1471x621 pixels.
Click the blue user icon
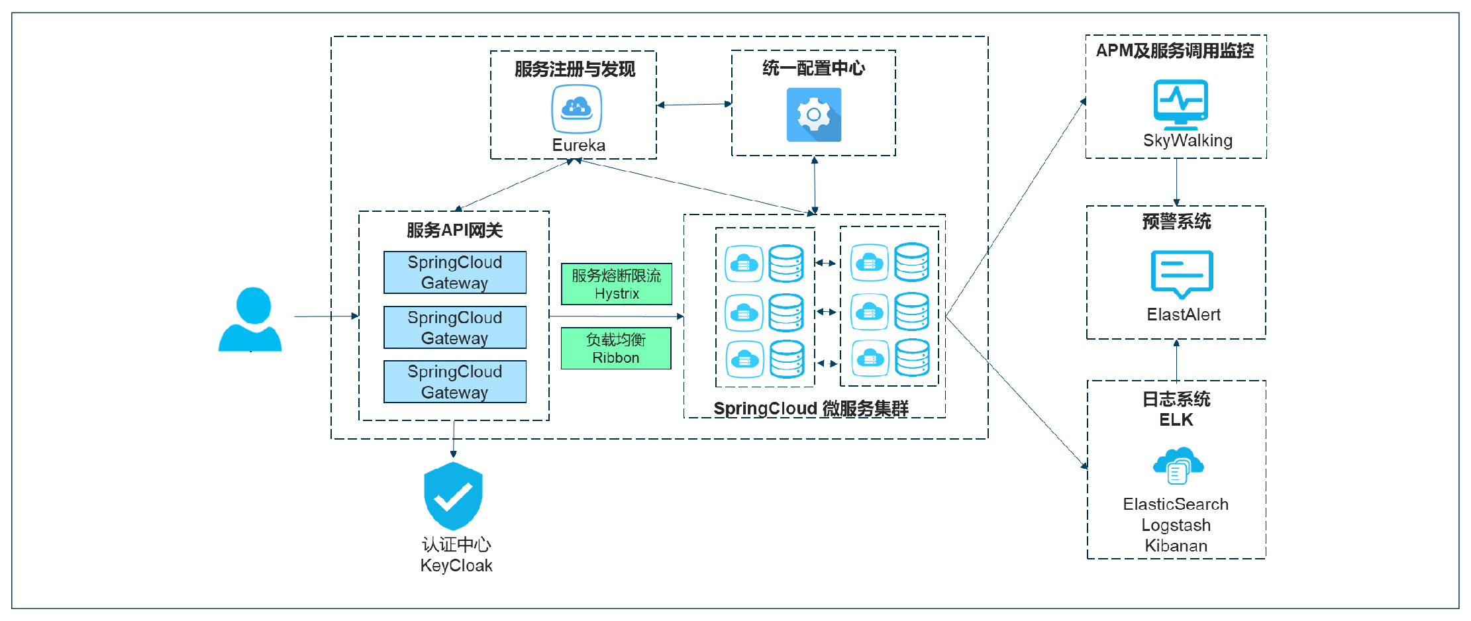pyautogui.click(x=250, y=319)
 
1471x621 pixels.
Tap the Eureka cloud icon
pyautogui.click(x=577, y=109)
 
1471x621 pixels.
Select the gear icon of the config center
pyautogui.click(x=814, y=115)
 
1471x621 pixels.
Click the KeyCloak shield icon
pyautogui.click(x=454, y=496)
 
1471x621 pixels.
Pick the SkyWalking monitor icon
pyautogui.click(x=1181, y=104)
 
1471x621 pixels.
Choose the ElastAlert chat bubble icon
pyautogui.click(x=1182, y=273)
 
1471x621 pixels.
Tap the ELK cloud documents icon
pyautogui.click(x=1178, y=465)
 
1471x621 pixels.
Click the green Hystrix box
pyautogui.click(x=617, y=284)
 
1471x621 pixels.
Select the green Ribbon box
pyautogui.click(x=616, y=348)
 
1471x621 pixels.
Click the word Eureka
pyautogui.click(x=579, y=145)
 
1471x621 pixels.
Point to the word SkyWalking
pyautogui.click(x=1188, y=140)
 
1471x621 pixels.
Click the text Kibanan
pyautogui.click(x=1176, y=546)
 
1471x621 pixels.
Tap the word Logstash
pyautogui.click(x=1176, y=525)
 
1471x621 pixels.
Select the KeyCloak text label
pyautogui.click(x=456, y=565)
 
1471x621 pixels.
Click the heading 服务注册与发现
pyautogui.click(x=575, y=69)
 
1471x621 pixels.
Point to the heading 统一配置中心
pyautogui.click(x=814, y=68)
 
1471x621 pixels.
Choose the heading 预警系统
pyautogui.click(x=1176, y=221)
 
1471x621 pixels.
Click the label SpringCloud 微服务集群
pyautogui.click(x=811, y=408)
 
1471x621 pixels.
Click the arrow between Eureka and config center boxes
pyautogui.click(x=694, y=105)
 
